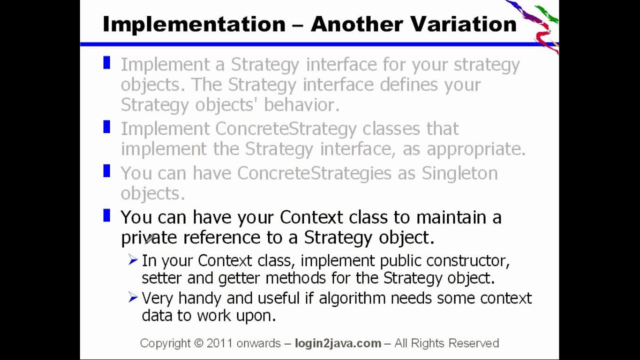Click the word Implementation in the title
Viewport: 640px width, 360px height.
click(x=193, y=24)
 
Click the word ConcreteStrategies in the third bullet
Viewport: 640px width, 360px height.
click(x=314, y=173)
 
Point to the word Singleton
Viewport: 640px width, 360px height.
click(x=459, y=173)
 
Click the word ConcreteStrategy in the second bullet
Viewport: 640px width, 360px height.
click(x=285, y=129)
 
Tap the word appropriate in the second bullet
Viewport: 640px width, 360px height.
click(x=475, y=149)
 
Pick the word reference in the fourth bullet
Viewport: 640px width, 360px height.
click(x=222, y=237)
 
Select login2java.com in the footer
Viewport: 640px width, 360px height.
click(x=338, y=343)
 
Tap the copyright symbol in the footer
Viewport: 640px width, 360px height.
click(x=198, y=343)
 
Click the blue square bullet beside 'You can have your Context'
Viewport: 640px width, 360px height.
click(x=106, y=216)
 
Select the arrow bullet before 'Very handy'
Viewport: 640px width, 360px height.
click(x=132, y=298)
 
